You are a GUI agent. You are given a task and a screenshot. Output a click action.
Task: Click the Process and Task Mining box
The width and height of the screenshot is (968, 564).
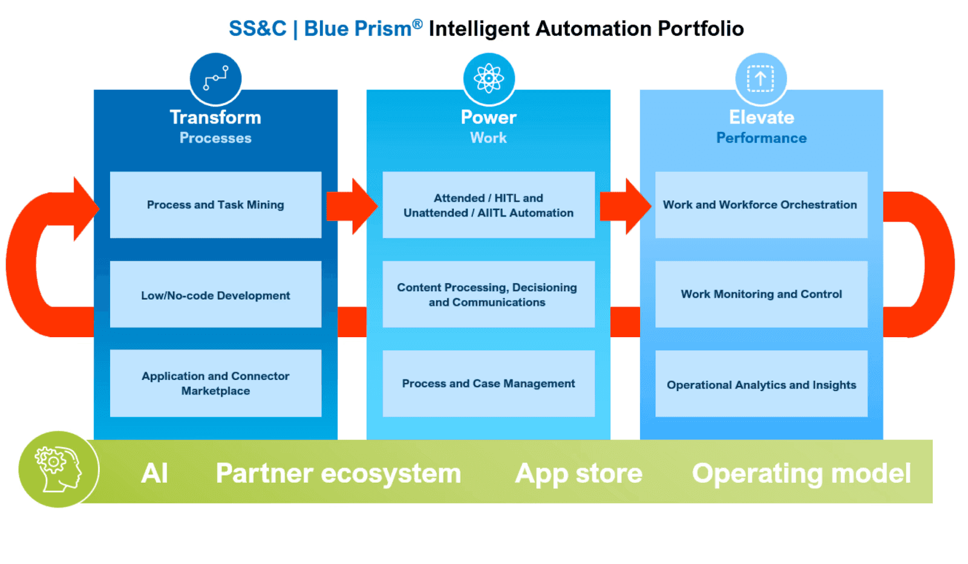[215, 205]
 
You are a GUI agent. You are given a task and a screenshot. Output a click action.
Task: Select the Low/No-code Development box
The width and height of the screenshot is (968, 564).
[215, 295]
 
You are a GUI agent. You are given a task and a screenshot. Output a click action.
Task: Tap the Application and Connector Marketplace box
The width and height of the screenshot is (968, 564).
[215, 383]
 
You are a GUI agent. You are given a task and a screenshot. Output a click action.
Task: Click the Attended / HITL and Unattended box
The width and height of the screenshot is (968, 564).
[488, 205]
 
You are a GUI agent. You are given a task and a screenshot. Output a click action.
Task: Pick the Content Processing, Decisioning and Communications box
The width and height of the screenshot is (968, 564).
[488, 295]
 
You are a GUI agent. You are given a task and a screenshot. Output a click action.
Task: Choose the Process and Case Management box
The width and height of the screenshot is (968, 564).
[488, 383]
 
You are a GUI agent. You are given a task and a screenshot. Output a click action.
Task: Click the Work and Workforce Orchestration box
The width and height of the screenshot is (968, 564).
[760, 205]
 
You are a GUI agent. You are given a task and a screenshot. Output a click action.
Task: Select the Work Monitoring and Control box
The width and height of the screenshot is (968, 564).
[760, 295]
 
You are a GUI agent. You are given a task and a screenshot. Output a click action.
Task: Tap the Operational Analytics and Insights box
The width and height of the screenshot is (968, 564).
[760, 384]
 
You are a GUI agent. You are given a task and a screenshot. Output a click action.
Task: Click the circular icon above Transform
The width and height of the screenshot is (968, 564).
[215, 79]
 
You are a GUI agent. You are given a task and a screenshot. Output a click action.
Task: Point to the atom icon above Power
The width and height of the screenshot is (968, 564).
[489, 79]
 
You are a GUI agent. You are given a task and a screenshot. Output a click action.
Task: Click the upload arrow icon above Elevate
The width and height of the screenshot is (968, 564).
[760, 79]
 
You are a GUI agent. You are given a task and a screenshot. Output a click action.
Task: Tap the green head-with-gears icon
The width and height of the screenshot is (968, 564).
[58, 470]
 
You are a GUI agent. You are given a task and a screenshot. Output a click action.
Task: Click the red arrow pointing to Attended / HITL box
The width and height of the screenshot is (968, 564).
[352, 206]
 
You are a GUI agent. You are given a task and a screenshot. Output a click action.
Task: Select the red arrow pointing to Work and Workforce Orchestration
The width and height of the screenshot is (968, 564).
[625, 206]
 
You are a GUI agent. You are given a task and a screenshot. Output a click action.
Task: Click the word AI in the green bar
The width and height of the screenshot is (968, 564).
[154, 473]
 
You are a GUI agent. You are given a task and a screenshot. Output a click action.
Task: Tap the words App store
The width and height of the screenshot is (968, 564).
[578, 473]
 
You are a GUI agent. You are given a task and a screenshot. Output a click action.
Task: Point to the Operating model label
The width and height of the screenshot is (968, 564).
[801, 473]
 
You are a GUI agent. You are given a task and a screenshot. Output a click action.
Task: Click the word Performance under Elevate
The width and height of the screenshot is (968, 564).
[761, 138]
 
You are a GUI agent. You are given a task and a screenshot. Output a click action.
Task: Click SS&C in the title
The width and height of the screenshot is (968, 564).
[257, 28]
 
